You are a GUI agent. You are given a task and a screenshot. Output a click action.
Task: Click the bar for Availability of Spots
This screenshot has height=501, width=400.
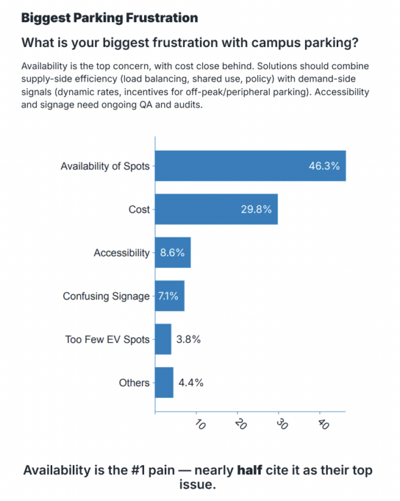(250, 166)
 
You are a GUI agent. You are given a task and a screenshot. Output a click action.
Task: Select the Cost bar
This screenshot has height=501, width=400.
(216, 209)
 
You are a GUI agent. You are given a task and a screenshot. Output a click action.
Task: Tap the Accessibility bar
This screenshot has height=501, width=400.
(173, 252)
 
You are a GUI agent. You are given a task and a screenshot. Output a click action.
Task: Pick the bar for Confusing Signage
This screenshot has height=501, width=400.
(169, 296)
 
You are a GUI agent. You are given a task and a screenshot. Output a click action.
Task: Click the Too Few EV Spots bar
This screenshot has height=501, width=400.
(163, 339)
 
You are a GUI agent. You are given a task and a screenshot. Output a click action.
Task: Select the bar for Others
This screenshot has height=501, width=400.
(164, 383)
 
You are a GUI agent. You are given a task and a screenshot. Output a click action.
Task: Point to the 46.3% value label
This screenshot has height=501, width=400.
(324, 166)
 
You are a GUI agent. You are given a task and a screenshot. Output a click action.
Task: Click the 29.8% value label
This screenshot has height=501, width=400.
(255, 209)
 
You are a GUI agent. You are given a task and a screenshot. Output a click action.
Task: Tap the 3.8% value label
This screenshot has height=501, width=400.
(188, 339)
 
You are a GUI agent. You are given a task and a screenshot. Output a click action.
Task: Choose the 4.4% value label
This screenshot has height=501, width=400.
(190, 383)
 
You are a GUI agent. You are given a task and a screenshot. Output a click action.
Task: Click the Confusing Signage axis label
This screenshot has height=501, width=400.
(106, 296)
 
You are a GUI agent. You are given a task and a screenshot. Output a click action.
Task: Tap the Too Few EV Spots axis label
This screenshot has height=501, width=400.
(107, 339)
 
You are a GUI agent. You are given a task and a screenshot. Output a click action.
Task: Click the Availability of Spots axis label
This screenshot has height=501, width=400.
(104, 166)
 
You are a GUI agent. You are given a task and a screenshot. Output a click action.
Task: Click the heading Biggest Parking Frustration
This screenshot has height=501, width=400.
(109, 17)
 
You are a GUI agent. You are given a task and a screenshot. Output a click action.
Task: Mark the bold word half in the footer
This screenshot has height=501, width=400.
(248, 470)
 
